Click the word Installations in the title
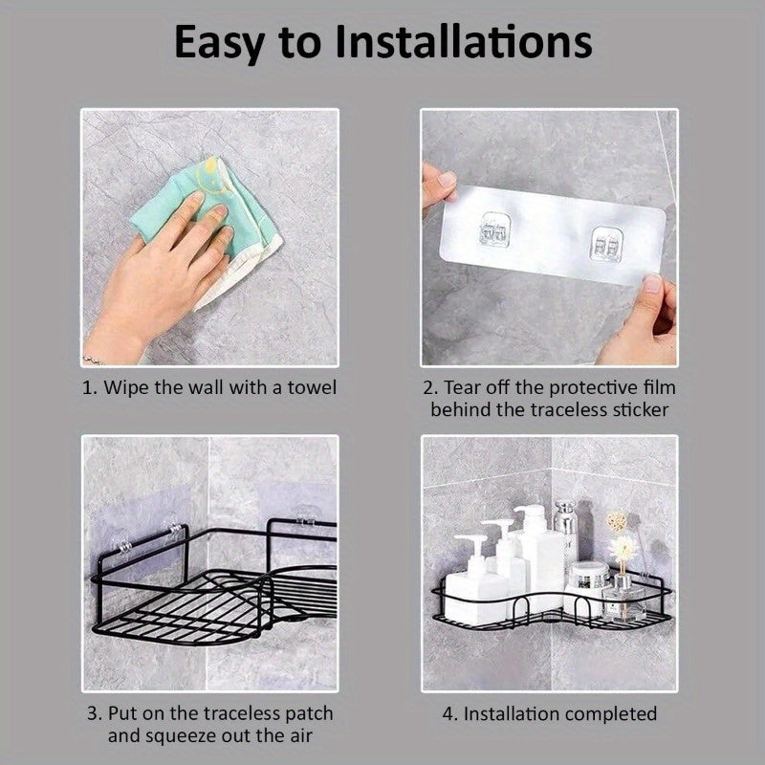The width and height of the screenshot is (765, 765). [x=464, y=42]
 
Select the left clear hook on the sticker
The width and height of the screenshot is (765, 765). [x=495, y=229]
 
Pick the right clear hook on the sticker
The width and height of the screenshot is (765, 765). [x=607, y=244]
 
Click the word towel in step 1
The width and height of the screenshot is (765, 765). [x=312, y=387]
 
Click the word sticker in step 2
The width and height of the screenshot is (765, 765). [x=640, y=410]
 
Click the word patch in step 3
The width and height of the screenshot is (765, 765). [x=309, y=714]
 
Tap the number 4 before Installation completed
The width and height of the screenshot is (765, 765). [x=448, y=714]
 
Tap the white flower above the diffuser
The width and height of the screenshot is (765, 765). [x=624, y=547]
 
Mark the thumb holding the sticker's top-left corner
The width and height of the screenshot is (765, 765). [x=444, y=182]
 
